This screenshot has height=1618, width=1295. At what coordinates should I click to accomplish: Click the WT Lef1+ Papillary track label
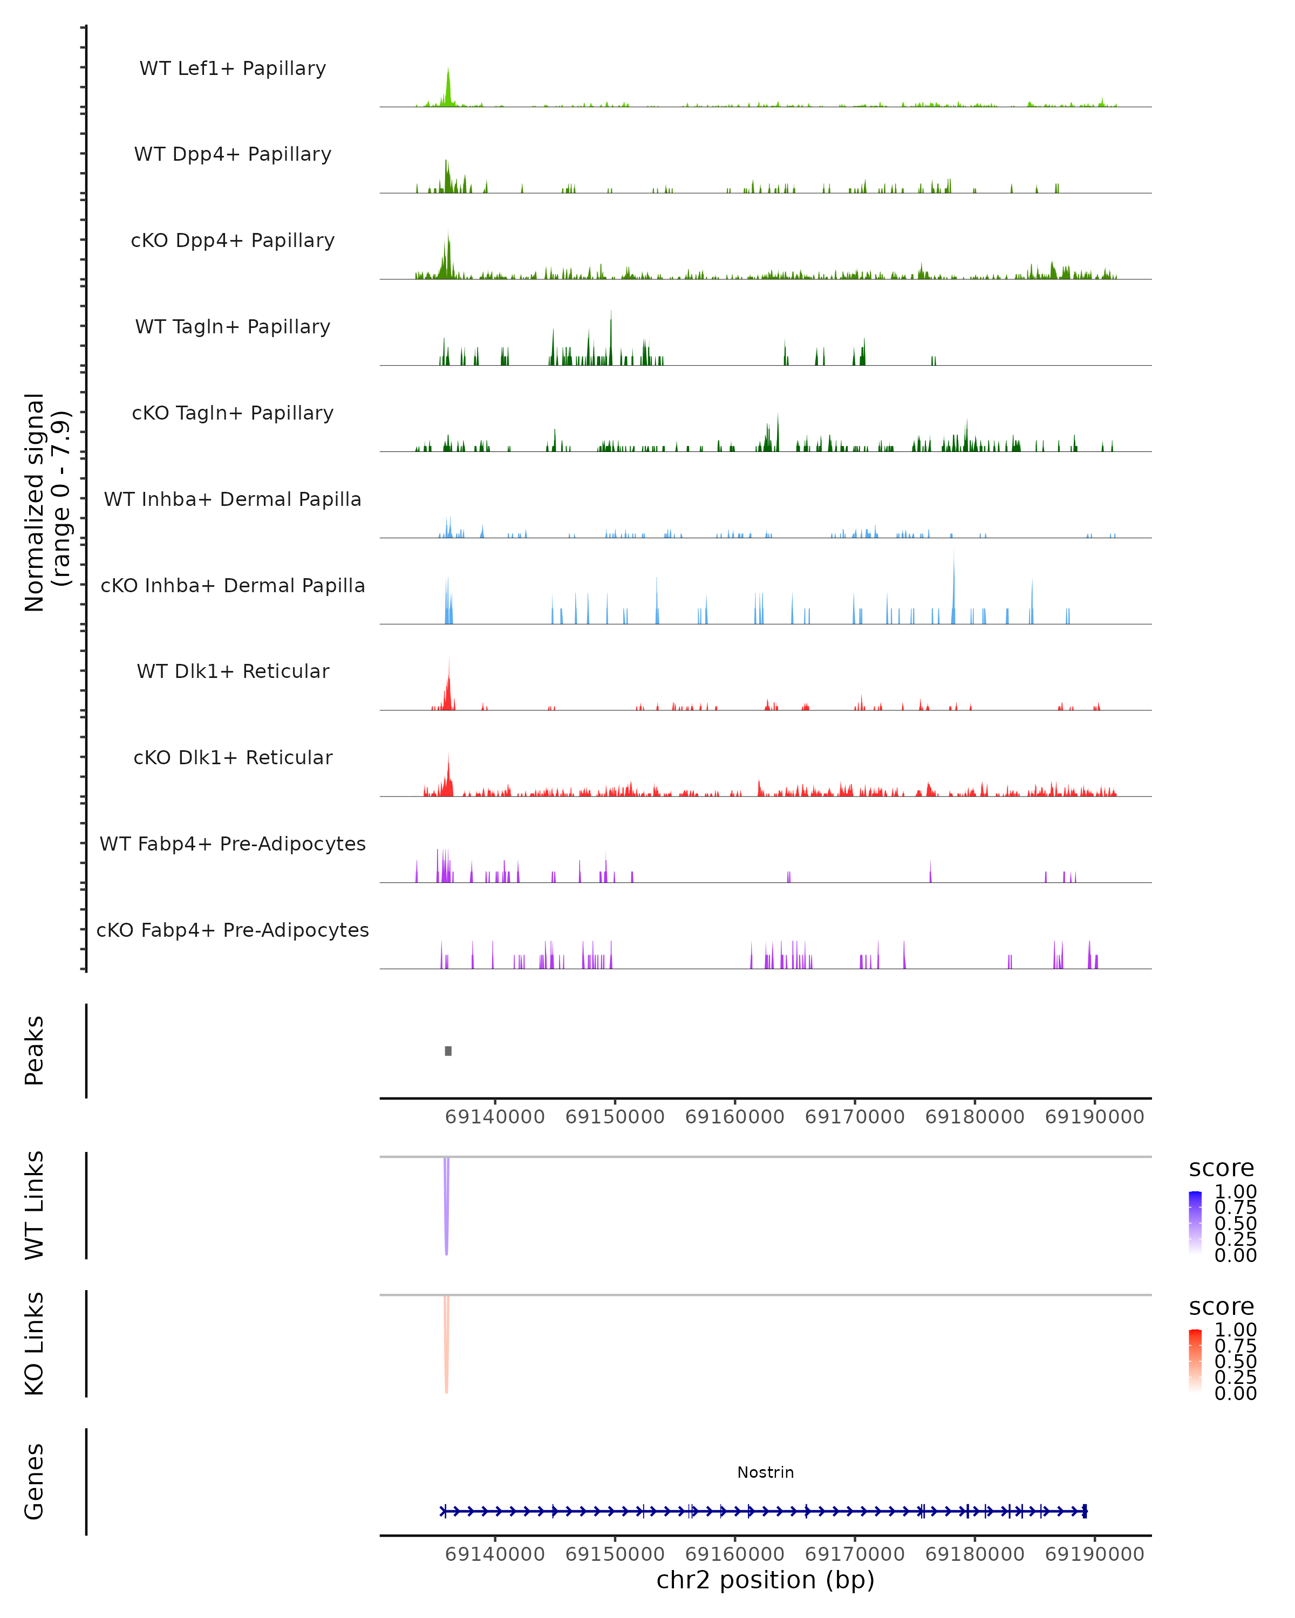coord(233,68)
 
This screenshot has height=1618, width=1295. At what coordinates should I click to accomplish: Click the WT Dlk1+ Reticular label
coord(233,671)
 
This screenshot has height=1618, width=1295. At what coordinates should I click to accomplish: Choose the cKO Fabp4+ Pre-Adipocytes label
coord(233,930)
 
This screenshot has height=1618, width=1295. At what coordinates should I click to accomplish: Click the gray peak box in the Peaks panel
coord(448,1051)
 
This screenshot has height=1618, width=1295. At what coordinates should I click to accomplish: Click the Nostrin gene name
coord(765,1472)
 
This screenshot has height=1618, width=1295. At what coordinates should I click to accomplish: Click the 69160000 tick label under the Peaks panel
coord(734,1117)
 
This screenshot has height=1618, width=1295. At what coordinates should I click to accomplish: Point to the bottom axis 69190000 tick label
coord(1095,1554)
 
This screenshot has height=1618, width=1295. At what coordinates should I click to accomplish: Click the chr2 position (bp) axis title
coord(765,1580)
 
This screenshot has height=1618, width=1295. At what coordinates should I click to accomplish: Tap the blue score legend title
coord(1221,1169)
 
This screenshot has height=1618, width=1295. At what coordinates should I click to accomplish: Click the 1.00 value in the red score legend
coord(1235,1330)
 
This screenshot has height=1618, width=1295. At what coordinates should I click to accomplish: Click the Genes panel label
coord(35,1482)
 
